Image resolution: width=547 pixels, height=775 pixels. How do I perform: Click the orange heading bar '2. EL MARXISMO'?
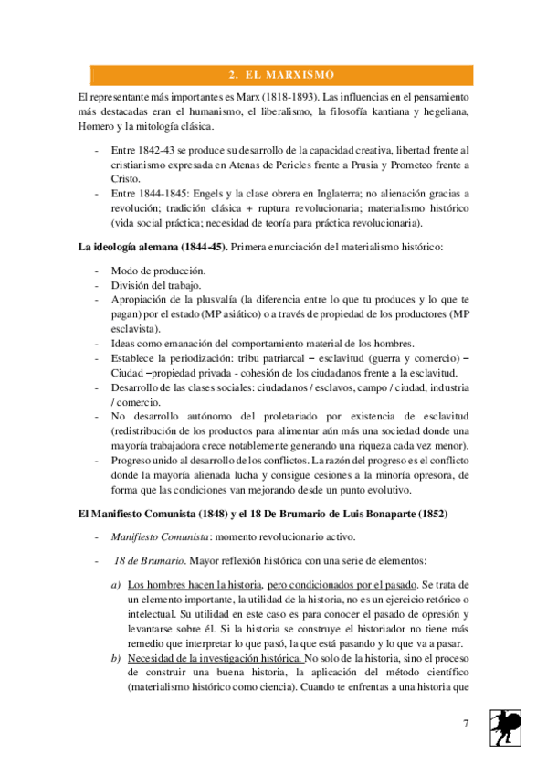(280, 74)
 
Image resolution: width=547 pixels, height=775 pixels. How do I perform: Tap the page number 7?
(466, 724)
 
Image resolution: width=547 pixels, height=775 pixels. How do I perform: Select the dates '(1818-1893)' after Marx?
(276, 96)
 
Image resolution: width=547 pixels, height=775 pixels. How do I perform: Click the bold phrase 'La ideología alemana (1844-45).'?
(153, 247)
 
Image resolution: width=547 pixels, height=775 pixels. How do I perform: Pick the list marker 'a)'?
(116, 583)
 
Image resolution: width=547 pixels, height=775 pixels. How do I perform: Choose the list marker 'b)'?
(116, 658)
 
